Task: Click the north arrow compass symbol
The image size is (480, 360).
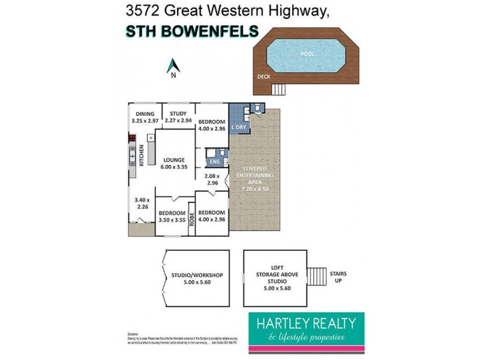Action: pos(173,66)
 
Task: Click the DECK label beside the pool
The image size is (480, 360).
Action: pos(263,77)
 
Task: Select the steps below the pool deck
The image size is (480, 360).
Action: pos(278,89)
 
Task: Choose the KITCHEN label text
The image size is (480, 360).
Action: pos(142,155)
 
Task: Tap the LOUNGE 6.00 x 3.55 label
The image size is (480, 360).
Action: pos(174,164)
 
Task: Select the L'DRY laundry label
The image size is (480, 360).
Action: pos(239,127)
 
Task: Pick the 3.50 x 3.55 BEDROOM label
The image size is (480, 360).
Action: pos(172,216)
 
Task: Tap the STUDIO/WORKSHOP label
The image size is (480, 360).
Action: pos(197,279)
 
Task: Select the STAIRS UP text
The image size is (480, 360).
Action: pos(338,277)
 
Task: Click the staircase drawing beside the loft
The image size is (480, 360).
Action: pos(318,277)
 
